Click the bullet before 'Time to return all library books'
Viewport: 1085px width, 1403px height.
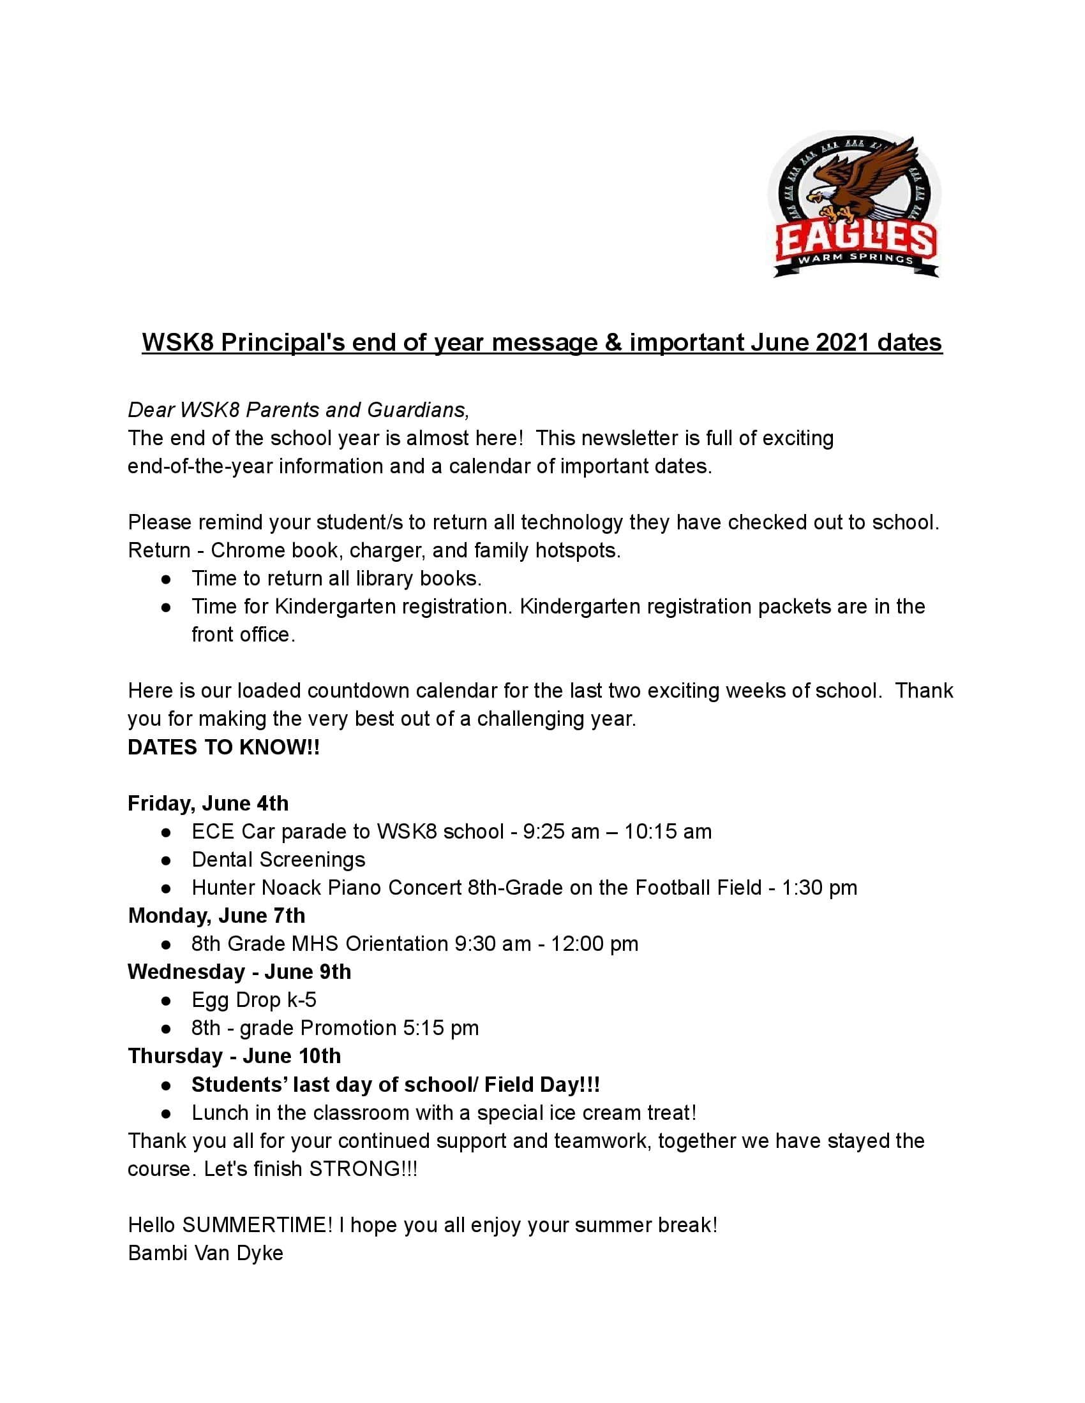[x=167, y=580]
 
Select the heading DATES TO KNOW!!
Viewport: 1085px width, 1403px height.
[x=223, y=747]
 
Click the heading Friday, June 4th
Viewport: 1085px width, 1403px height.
[x=208, y=803]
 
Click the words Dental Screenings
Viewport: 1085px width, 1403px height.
[x=278, y=860]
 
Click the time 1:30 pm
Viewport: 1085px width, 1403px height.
[x=819, y=888]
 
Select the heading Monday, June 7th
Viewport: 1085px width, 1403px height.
[x=216, y=915]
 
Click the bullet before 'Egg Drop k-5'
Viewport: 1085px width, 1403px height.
[x=167, y=1001]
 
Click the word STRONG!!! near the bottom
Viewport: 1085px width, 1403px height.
[x=363, y=1168]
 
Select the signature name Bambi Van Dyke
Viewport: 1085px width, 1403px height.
[x=206, y=1252]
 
